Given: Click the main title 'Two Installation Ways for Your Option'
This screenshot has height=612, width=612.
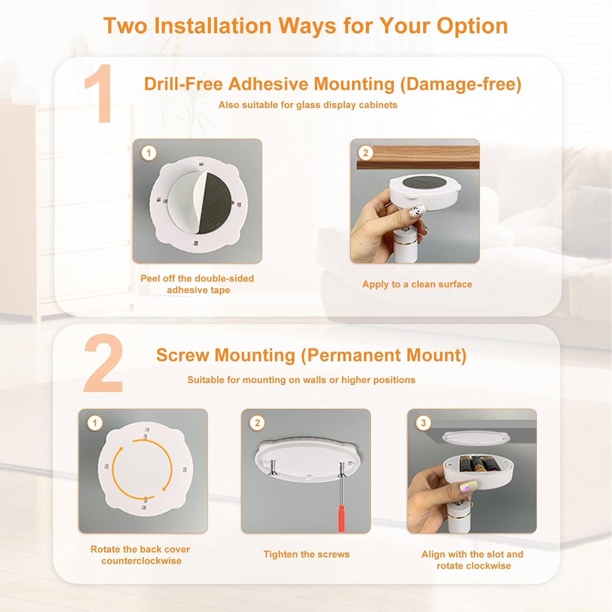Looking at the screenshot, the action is coord(306,26).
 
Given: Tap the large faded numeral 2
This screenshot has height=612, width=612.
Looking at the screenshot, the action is coord(103,364).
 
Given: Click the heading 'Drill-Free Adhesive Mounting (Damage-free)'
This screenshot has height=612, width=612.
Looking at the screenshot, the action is coord(333,84).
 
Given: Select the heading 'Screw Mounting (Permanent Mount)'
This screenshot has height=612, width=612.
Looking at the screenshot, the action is coord(311,355).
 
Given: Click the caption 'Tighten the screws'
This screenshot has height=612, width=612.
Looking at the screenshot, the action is coord(306,554).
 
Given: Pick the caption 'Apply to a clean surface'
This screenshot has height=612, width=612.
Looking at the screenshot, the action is coord(417,284).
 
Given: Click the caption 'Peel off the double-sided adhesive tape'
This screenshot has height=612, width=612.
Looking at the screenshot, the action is coord(197,284).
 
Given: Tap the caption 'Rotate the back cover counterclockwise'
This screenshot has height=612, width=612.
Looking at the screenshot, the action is coord(140,555).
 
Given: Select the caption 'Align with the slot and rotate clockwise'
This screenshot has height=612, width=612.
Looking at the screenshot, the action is coord(472,560).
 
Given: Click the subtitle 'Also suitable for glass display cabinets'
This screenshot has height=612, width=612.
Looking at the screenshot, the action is coord(308,105).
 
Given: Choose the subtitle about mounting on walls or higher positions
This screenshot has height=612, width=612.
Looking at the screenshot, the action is coord(301,380).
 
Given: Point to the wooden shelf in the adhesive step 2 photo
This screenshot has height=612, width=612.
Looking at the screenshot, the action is coord(418,157).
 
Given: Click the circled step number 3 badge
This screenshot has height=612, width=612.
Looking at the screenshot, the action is coord(423,423).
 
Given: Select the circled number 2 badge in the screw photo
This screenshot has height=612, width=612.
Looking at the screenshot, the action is coord(257,423).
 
